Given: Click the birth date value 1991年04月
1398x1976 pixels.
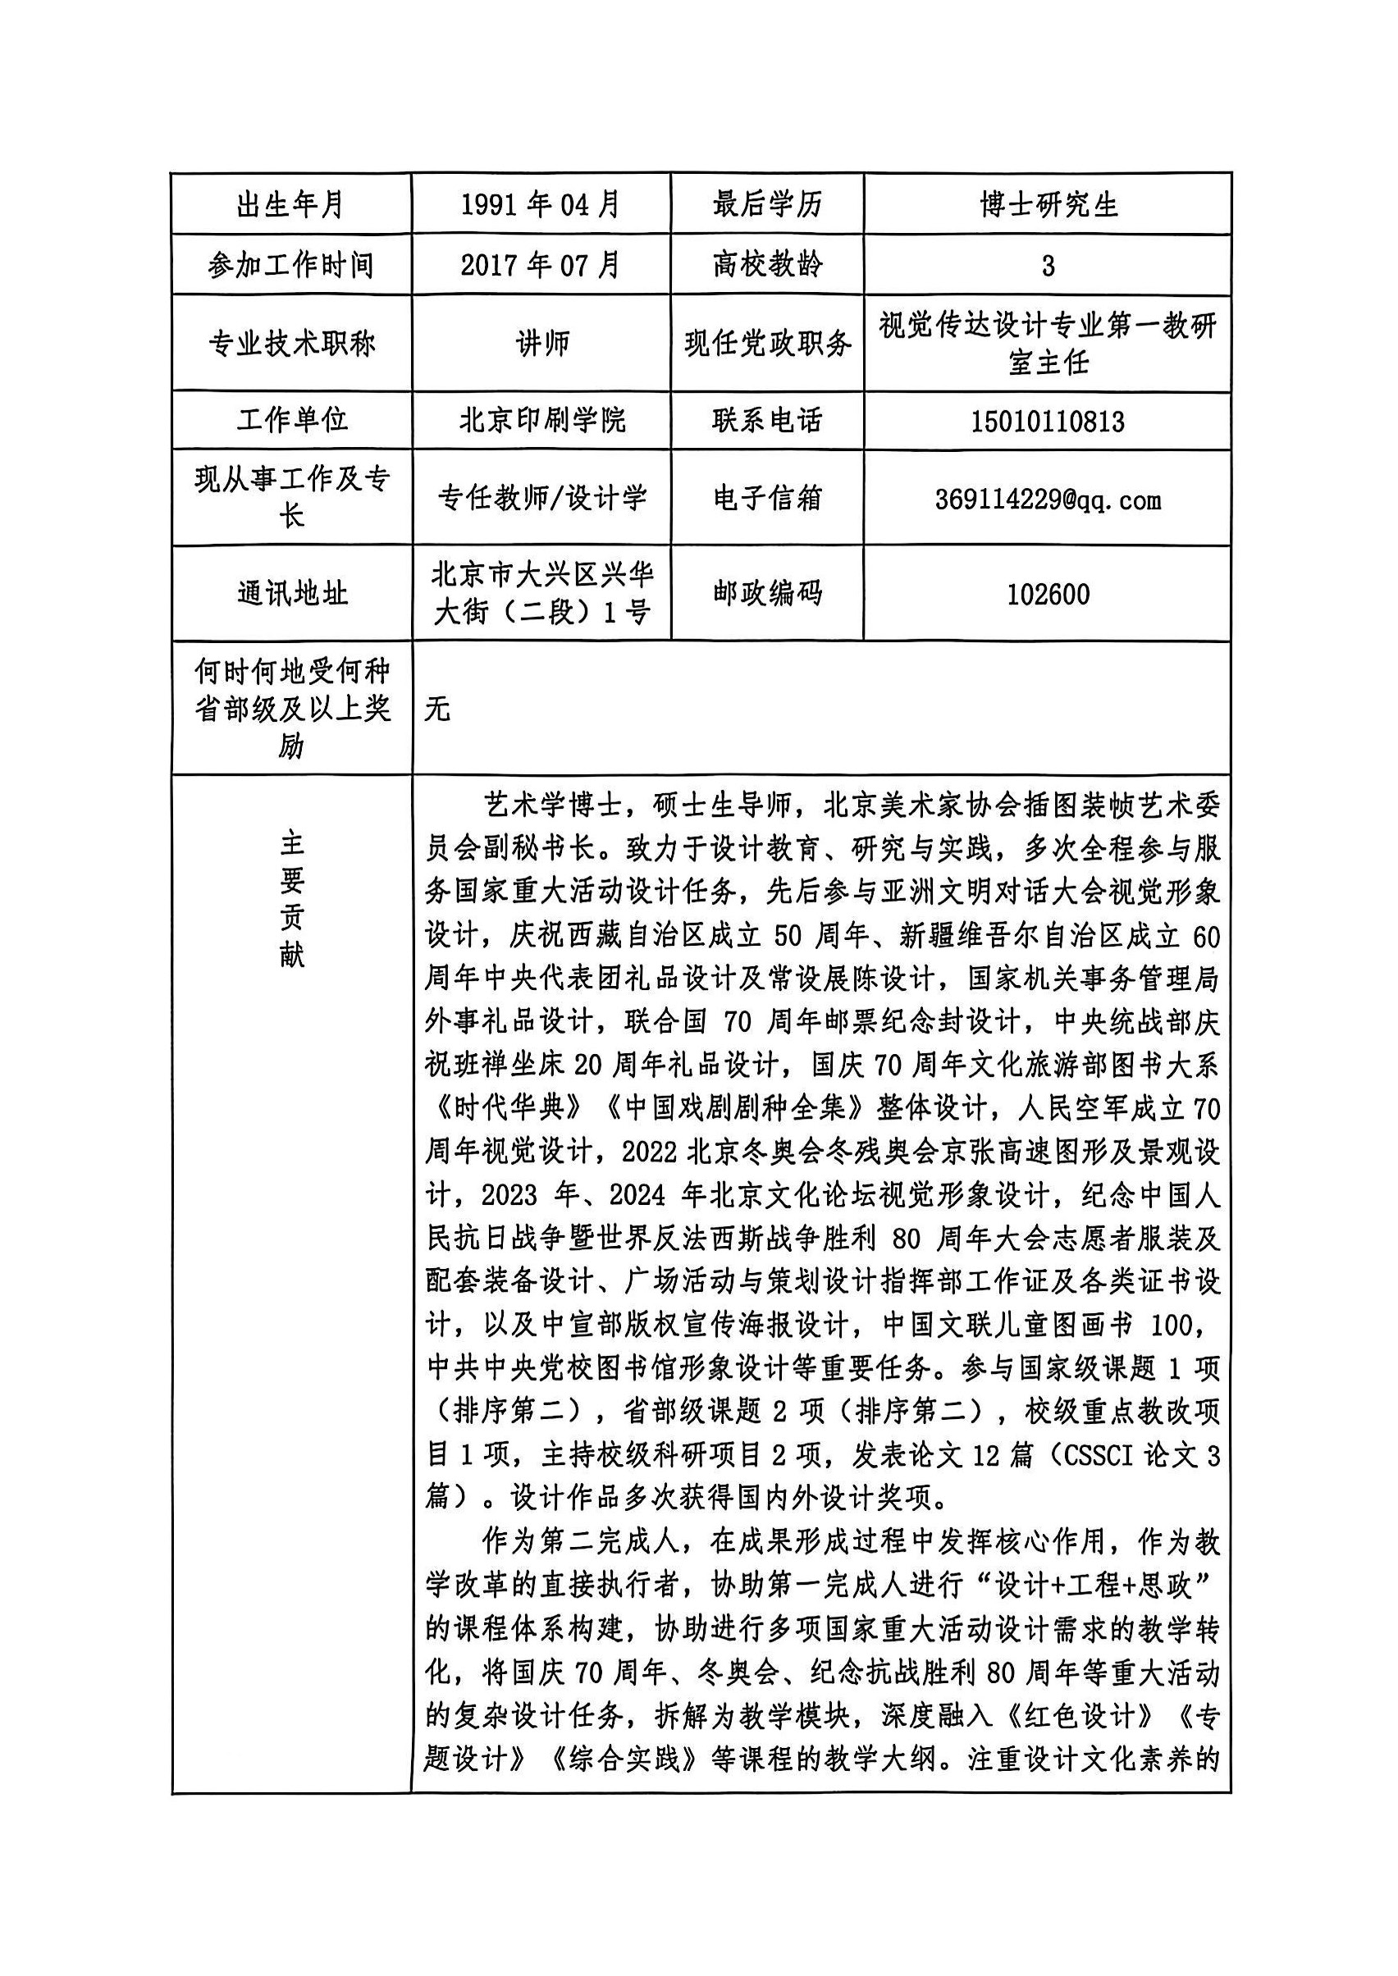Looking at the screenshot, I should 541,205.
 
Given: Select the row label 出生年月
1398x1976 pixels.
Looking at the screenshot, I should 291,205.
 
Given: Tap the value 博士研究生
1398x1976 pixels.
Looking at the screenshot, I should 1048,205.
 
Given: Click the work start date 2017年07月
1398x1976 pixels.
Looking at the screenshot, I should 541,265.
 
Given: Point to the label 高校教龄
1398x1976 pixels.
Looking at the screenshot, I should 767,265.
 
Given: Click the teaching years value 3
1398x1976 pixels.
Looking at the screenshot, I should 1048,266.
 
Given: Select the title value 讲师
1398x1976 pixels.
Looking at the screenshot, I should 542,344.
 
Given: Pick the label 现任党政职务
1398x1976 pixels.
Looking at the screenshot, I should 767,344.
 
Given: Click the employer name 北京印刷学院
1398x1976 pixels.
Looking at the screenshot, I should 542,420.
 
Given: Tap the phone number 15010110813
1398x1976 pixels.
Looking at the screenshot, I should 1048,421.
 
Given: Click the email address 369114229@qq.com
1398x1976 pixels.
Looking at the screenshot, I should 1048,500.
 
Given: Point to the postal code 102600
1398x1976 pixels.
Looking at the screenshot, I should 1048,594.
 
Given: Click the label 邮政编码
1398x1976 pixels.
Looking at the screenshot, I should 767,593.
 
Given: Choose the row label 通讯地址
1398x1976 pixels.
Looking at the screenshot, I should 292,593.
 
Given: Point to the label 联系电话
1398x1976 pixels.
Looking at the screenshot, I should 767,420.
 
